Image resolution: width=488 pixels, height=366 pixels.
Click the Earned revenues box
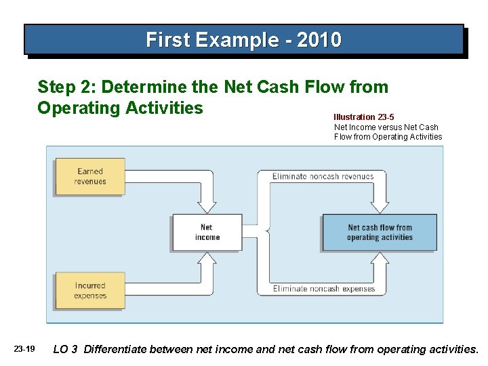pos(90,176)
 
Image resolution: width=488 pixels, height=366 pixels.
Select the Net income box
pos(207,232)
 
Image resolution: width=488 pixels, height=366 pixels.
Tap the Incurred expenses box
pos(90,291)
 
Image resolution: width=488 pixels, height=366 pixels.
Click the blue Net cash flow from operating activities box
pos(380,232)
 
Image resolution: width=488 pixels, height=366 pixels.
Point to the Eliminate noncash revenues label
pos(323,177)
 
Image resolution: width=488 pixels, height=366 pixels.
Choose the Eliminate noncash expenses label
pos(323,289)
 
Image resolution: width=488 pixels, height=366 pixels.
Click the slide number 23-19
pos(24,349)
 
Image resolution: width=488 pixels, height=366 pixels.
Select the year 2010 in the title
pos(319,40)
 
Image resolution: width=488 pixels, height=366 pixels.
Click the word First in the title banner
pos(169,40)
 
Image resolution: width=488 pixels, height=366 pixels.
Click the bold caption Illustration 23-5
pos(364,117)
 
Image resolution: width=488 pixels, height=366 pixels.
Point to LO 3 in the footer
pos(65,349)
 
